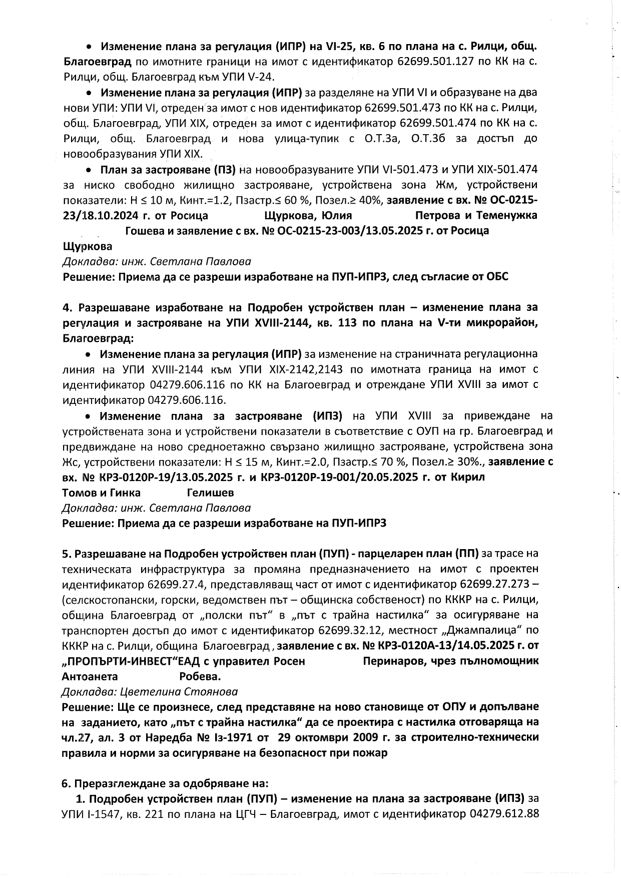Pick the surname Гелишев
pyautogui.click(x=210, y=493)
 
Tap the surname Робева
pyautogui.click(x=200, y=677)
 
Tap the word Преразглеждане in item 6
pyautogui.click(x=114, y=783)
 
